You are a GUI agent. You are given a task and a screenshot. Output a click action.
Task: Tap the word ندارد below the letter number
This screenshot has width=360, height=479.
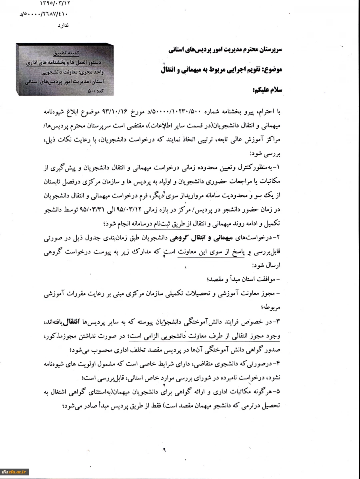tap(63, 25)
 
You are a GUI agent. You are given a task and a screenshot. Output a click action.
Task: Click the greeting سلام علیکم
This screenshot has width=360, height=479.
tap(268, 90)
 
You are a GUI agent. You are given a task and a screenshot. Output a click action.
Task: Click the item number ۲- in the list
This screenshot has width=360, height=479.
tap(278, 239)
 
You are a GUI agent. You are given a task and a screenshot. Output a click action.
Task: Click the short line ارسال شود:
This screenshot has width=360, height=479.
tap(267, 265)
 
